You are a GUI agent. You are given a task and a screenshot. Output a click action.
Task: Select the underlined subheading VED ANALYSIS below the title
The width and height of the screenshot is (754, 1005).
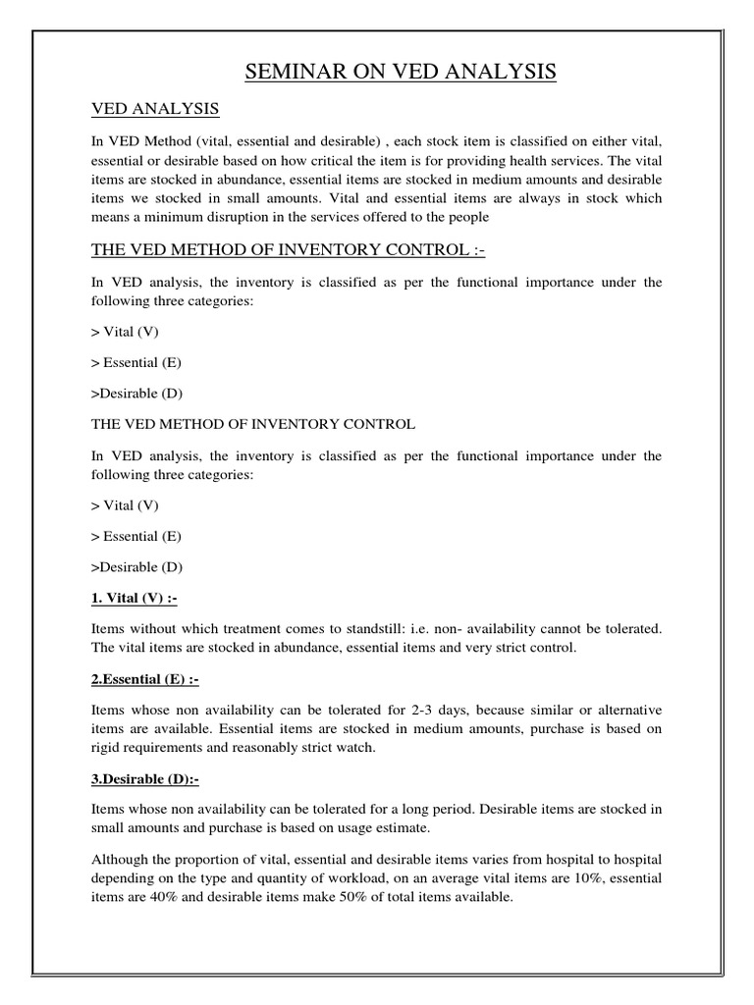coord(154,107)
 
